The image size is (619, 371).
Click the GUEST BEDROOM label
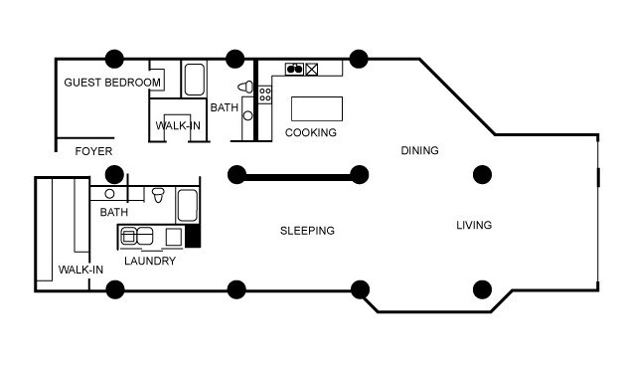click(112, 83)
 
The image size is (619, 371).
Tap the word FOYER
click(93, 151)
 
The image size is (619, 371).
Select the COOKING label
click(311, 132)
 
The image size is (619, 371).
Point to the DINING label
click(419, 150)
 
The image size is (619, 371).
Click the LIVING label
click(474, 225)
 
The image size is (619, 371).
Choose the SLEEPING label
click(307, 231)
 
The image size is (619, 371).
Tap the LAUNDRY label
click(150, 262)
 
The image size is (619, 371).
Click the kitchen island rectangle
click(317, 108)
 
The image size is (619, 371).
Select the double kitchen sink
click(294, 70)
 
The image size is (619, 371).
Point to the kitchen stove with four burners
click(265, 95)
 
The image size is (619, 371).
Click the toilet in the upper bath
click(245, 87)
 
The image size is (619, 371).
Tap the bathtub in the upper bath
click(194, 80)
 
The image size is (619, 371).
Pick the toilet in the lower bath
click(158, 195)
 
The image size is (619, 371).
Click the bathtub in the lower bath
click(187, 206)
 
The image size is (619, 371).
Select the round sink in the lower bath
click(109, 194)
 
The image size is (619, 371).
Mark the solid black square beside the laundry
click(193, 237)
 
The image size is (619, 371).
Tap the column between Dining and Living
click(482, 175)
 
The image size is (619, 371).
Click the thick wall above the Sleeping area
click(298, 177)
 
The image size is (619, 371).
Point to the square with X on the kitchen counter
click(311, 70)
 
